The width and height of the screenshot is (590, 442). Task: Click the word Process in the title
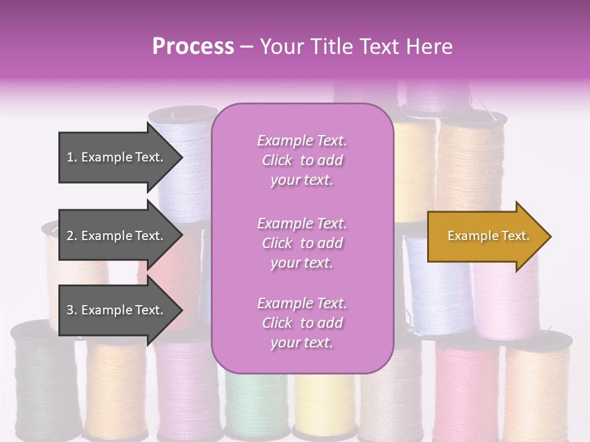click(193, 47)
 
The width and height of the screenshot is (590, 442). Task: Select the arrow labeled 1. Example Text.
click(117, 157)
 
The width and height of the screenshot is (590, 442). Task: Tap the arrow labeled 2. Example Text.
click(117, 236)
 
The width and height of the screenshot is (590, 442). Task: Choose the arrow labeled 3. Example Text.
click(117, 310)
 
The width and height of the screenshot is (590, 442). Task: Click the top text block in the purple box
click(302, 160)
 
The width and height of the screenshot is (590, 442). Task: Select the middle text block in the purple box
click(302, 243)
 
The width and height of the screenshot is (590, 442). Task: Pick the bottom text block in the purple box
click(302, 323)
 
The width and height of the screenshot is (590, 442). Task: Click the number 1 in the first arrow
click(70, 157)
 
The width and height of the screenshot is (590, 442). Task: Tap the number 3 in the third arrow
click(70, 310)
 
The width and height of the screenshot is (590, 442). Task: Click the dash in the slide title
click(247, 47)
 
